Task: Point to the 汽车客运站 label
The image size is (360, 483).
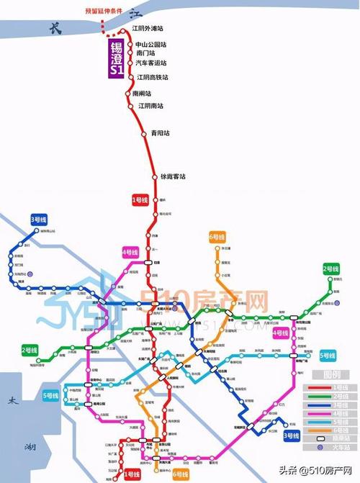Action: [x=151, y=64]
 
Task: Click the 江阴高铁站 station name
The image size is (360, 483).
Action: [x=153, y=77]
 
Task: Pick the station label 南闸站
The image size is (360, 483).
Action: [x=143, y=94]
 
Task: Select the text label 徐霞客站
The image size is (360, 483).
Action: [x=173, y=177]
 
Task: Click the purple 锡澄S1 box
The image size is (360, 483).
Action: [x=116, y=57]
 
